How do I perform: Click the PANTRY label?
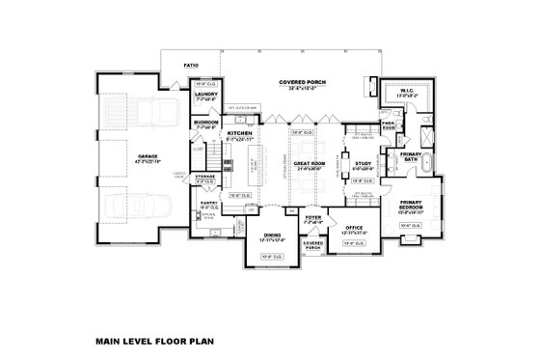209,204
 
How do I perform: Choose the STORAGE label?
206,177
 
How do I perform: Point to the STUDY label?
364,165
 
